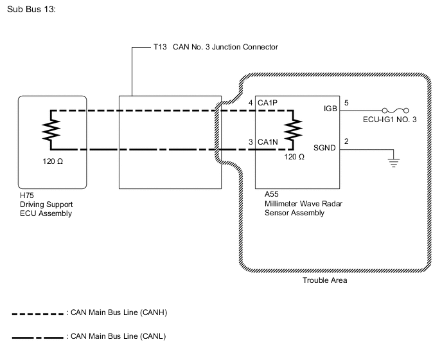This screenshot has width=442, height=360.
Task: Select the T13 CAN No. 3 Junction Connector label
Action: (x=215, y=47)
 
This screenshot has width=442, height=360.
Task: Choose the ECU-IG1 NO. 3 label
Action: (x=390, y=119)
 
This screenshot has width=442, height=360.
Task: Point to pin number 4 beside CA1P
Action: (x=251, y=103)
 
